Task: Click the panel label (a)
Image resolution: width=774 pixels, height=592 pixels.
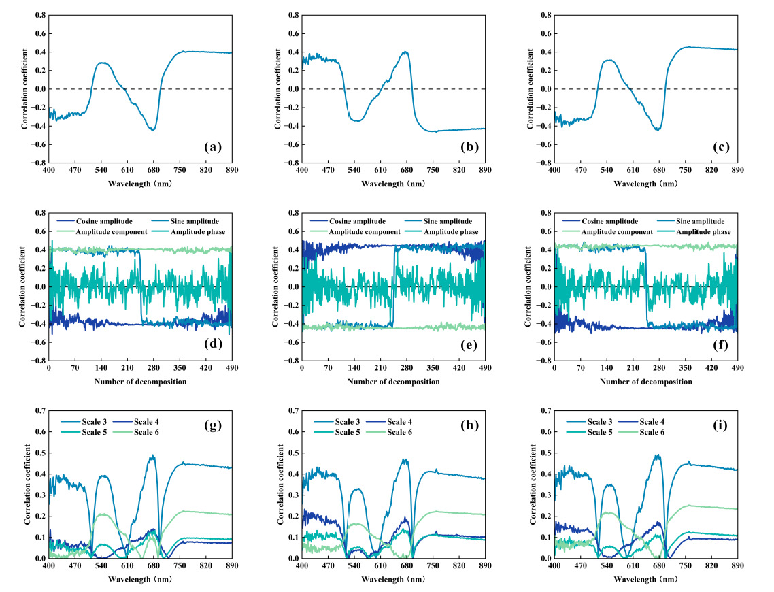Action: click(214, 147)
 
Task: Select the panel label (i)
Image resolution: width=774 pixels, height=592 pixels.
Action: click(718, 427)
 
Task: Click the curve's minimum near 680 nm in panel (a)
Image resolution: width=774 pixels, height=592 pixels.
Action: click(153, 130)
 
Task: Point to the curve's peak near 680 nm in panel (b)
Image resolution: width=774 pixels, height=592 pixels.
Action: click(405, 52)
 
